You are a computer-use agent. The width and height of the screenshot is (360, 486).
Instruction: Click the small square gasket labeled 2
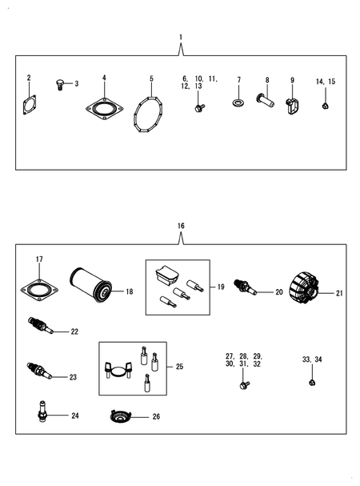tap(30, 105)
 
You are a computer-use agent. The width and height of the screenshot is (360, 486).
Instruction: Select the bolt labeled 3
tap(60, 84)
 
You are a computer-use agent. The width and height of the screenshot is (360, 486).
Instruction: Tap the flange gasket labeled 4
tap(104, 108)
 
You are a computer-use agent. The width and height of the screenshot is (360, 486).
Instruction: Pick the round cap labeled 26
tap(122, 416)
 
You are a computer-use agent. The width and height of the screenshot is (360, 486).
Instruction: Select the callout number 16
tap(181, 227)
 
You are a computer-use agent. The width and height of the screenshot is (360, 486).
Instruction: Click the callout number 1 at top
tap(181, 38)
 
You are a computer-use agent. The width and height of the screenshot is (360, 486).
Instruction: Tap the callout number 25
tap(179, 367)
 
